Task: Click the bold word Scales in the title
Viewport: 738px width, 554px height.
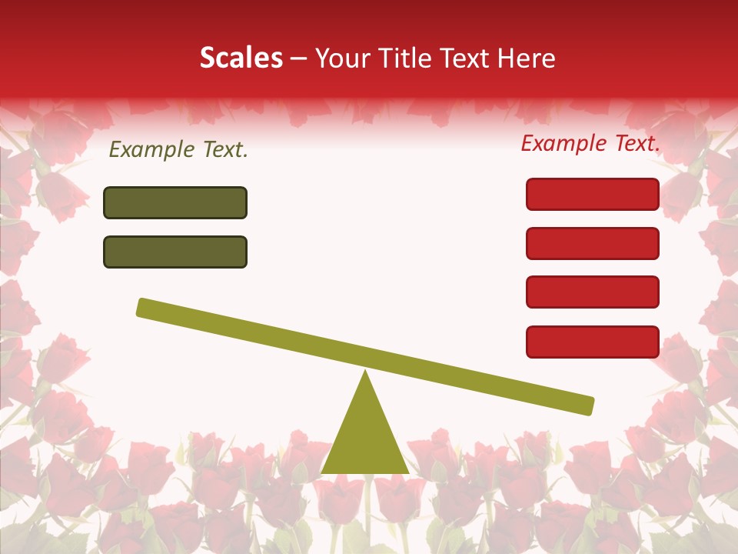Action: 241,58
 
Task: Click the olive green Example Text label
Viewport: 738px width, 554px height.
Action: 178,150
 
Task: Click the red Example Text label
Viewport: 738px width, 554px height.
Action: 590,143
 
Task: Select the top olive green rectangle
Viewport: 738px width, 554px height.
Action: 175,202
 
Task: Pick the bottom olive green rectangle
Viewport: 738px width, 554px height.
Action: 175,252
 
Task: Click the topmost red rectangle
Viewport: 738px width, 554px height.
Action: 592,194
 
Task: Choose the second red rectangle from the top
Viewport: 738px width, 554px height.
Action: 592,243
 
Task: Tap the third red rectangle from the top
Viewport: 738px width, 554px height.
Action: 592,292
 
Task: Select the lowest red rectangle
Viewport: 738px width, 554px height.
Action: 592,342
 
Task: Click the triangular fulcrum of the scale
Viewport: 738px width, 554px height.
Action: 364,439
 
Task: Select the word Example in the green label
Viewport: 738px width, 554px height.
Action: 151,150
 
